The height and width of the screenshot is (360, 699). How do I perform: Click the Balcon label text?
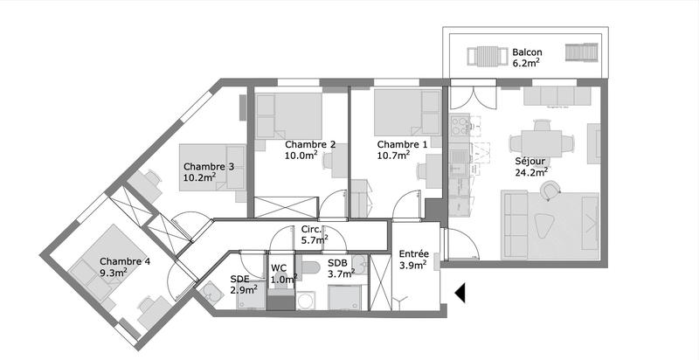[528, 52]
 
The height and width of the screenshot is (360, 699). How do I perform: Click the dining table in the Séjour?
[542, 142]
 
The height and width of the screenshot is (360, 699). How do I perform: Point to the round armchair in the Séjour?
[549, 189]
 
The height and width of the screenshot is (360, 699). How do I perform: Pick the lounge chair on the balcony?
[580, 55]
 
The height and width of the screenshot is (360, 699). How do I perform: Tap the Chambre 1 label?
[402, 144]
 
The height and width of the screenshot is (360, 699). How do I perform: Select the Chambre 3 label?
[208, 166]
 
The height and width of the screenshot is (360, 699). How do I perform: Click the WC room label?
[279, 268]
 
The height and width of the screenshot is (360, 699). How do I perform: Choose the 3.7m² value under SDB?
[340, 273]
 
